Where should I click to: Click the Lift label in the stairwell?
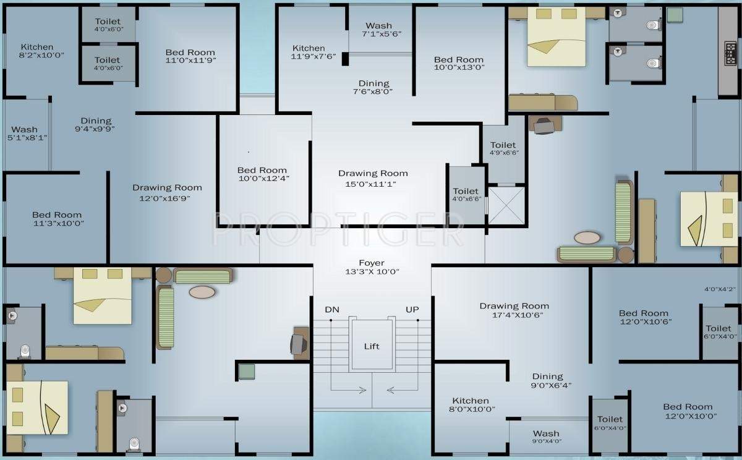pos(372,346)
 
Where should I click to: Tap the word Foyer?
pos(372,263)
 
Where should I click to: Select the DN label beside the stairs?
pos(332,310)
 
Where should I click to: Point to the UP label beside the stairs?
pos(412,310)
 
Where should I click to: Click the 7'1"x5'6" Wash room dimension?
pos(382,34)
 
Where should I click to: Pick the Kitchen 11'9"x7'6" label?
pos(313,53)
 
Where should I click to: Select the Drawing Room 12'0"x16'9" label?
pos(167,193)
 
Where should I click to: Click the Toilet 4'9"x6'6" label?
pos(504,148)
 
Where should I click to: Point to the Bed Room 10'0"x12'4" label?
pos(263,174)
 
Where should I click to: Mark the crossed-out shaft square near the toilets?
pos(506,205)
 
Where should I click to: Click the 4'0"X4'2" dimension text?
pos(720,289)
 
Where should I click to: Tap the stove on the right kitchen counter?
pos(730,53)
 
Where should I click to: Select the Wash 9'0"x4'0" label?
pos(547,437)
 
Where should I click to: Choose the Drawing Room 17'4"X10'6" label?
pos(514,310)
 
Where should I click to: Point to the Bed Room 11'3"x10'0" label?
pos(58,219)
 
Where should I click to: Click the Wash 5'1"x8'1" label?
pos(27,134)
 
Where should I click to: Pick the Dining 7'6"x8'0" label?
pos(373,87)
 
